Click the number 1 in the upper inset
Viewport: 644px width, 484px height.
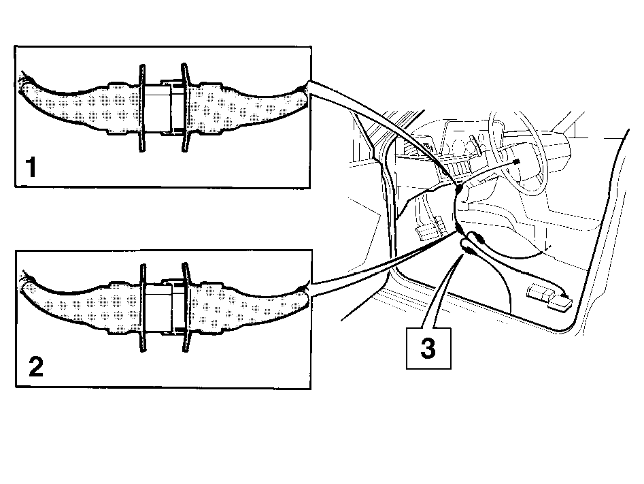point(31,167)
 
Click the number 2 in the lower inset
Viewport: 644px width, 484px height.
point(36,367)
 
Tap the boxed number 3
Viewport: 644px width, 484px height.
point(428,349)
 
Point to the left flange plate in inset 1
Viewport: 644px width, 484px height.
point(142,108)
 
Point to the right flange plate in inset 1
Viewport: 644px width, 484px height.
point(185,108)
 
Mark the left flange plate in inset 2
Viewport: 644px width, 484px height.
point(143,308)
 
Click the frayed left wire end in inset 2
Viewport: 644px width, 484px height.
point(25,283)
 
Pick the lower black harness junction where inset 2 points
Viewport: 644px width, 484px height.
point(458,228)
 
